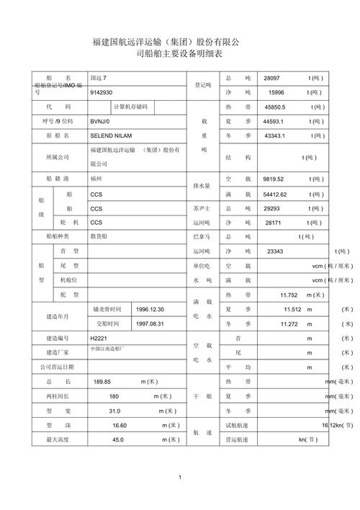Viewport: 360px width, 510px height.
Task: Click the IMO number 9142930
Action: [x=102, y=93]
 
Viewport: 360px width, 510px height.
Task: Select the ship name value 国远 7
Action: [x=98, y=78]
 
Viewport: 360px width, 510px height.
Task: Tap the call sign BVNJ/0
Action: [x=101, y=121]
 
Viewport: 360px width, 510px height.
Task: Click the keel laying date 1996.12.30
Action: [x=150, y=309]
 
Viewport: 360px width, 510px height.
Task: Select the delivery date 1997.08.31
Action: [x=150, y=324]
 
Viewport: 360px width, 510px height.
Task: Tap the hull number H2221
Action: [x=98, y=338]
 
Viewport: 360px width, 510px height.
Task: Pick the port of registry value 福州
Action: [x=96, y=177]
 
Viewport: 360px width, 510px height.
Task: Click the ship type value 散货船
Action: [x=99, y=236]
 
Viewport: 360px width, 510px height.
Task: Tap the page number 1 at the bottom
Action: [x=179, y=478]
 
